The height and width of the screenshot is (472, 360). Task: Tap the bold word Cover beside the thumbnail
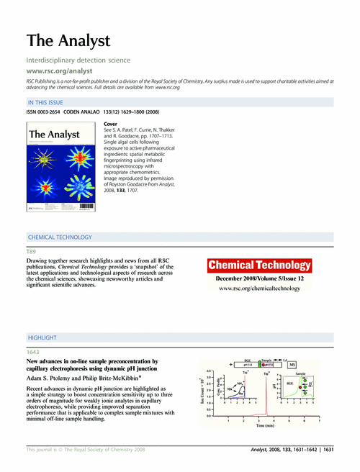coord(112,124)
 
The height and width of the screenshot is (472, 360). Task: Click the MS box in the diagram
coord(292,365)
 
